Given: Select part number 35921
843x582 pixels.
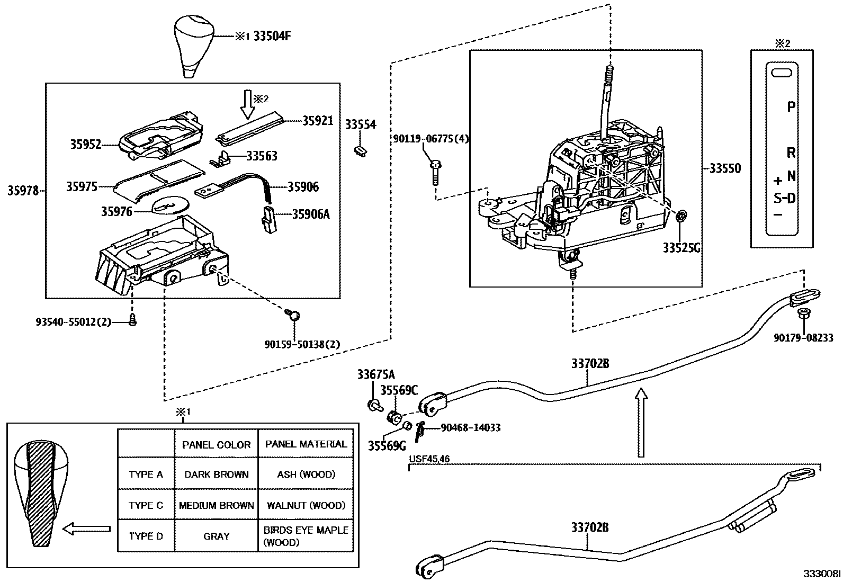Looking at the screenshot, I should [318, 121].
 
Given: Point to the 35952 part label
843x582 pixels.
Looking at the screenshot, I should [85, 144].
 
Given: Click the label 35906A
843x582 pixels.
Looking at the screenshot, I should [311, 214].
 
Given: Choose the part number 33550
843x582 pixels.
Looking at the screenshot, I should [725, 168].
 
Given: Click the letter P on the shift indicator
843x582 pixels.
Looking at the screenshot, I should [791, 107].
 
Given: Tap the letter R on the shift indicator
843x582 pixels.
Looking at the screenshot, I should [791, 153].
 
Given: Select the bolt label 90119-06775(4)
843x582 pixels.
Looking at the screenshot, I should [431, 139].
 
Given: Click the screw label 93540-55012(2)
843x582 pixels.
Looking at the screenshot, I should [74, 322].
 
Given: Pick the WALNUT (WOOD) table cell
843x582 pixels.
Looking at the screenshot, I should [306, 505].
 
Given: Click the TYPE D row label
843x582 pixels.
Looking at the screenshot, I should [146, 536].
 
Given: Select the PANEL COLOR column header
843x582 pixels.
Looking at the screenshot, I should [216, 445].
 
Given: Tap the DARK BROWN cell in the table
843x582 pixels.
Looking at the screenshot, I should [216, 474].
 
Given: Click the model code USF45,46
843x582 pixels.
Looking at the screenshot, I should [429, 459].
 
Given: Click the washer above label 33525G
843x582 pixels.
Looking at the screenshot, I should [682, 216].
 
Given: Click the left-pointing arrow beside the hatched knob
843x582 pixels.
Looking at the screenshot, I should [86, 529].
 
